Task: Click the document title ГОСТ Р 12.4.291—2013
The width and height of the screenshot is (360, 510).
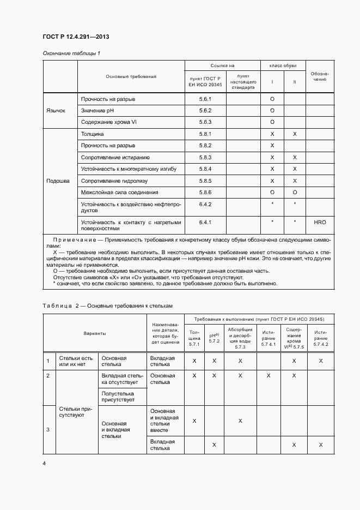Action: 76,37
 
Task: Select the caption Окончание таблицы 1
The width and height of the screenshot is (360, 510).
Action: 71,53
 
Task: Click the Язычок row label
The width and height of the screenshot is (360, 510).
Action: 56,110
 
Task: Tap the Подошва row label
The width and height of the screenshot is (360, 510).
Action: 58,181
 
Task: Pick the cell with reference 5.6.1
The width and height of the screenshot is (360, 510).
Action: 205,99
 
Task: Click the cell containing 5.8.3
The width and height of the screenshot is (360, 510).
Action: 205,157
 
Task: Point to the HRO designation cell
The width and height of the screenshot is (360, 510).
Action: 320,223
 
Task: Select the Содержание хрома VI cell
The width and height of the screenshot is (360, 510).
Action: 108,122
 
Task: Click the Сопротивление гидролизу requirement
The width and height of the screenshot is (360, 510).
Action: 114,181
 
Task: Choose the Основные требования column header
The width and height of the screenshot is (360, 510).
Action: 131,76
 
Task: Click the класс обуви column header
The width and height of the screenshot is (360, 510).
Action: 283,65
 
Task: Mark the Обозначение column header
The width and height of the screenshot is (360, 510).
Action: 320,76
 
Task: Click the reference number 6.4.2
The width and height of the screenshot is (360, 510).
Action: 205,204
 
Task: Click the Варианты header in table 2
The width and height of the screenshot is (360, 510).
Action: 95,333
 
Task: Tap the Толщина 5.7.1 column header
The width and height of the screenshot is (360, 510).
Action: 194,338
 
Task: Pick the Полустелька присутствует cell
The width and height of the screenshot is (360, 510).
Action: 118,396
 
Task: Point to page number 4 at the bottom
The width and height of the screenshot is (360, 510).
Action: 45,464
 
